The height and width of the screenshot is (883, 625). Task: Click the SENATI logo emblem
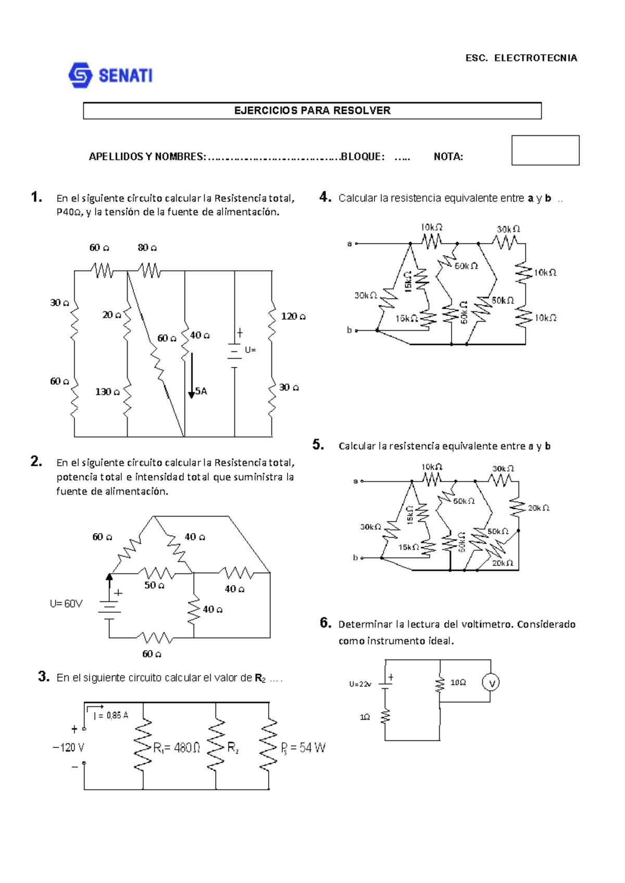80,75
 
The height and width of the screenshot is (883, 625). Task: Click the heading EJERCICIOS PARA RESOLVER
312,110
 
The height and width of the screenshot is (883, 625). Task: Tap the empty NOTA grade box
545,150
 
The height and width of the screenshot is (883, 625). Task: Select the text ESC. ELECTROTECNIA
521,58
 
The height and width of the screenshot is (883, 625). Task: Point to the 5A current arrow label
201,391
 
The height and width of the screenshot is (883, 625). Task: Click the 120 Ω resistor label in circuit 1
293,316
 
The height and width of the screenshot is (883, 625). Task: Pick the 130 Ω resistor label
107,392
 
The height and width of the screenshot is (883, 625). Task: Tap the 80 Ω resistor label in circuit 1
147,247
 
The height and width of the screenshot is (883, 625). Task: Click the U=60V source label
66,603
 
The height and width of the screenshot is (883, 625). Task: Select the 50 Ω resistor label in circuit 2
154,585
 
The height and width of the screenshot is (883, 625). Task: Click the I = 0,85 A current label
110,715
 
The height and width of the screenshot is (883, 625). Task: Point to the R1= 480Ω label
177,748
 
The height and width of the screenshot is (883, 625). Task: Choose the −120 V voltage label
68,748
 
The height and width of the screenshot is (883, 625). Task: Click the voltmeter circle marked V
491,683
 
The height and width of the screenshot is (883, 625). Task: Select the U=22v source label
360,684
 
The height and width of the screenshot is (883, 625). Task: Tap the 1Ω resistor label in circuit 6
365,717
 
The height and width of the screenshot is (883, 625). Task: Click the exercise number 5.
318,445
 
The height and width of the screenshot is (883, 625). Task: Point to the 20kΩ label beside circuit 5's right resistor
539,508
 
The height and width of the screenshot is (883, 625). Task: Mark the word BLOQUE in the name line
362,157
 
